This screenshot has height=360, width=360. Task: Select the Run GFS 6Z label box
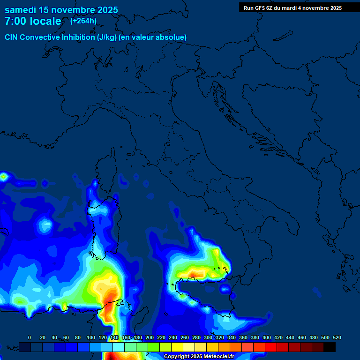point(292,8)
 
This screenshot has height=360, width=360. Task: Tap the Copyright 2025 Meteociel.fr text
point(199,356)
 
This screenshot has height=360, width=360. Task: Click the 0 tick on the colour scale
point(30,337)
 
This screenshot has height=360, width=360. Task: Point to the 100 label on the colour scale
point(91,337)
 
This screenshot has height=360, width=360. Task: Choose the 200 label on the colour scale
point(150,337)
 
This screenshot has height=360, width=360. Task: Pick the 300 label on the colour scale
point(208,337)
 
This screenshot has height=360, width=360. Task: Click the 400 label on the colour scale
point(267,337)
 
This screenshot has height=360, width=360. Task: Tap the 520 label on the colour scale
point(337,337)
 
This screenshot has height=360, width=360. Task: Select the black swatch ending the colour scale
point(330,347)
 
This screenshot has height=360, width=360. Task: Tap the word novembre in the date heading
point(70,10)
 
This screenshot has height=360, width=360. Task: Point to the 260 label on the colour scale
point(185,337)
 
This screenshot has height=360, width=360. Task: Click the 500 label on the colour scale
point(325,337)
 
